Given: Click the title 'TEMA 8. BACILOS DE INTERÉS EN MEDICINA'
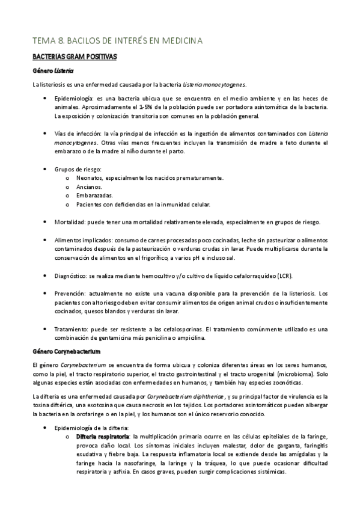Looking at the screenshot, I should [118, 40].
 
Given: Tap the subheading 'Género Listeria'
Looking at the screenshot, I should [53, 70].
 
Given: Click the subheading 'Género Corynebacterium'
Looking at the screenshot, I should [66, 350].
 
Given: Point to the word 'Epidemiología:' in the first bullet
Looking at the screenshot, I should [74, 98].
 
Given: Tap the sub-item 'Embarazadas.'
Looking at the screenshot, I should [94, 195].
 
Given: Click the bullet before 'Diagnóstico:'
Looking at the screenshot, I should [47, 275].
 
